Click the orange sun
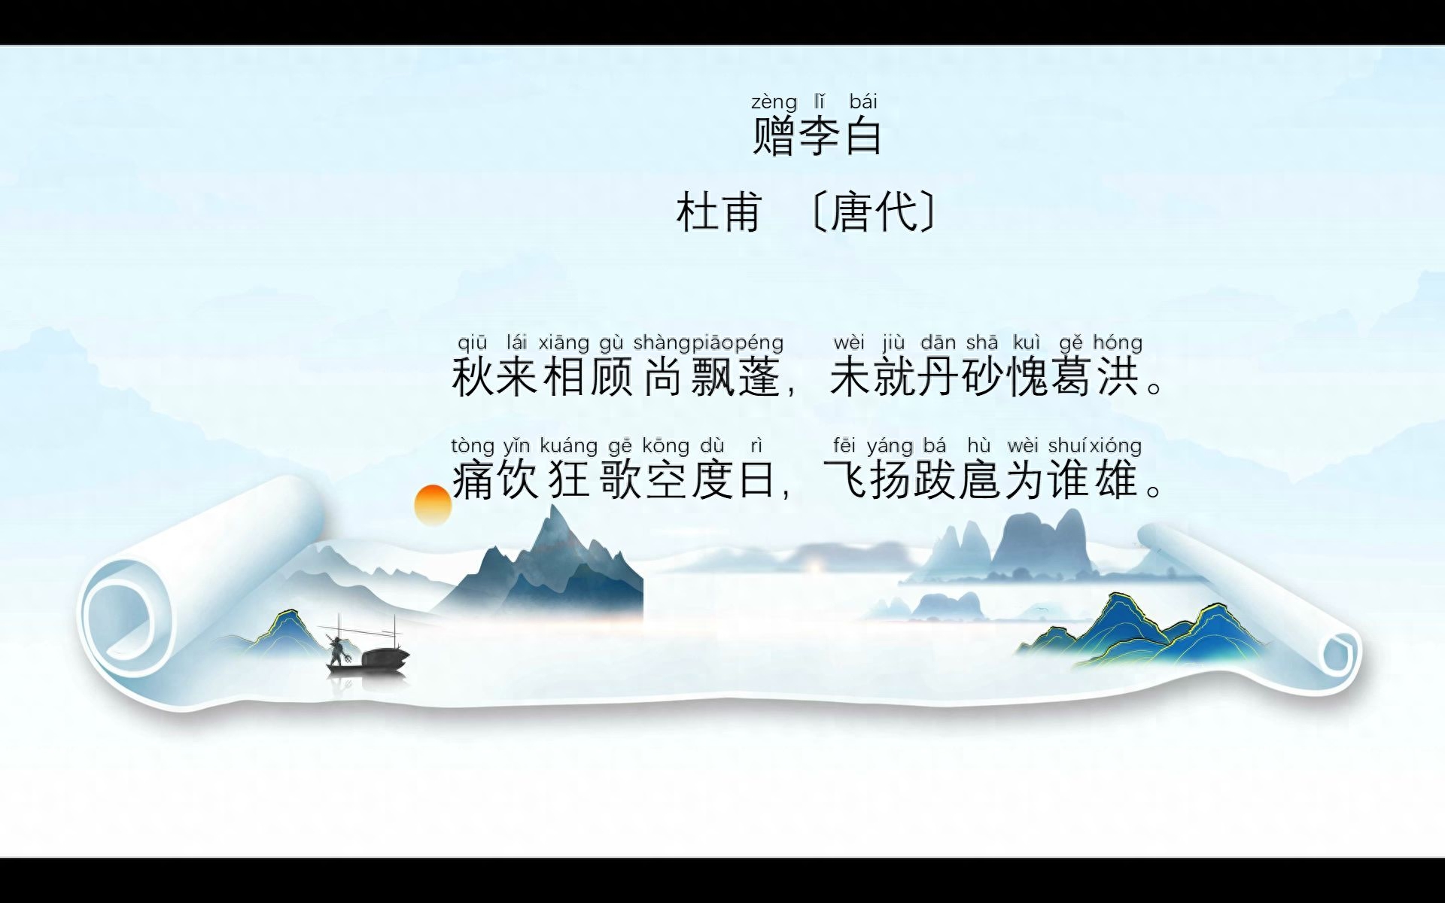[x=433, y=505]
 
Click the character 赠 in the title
[x=774, y=136]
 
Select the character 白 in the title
[x=863, y=136]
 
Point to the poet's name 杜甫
[x=719, y=211]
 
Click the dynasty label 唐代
[x=874, y=211]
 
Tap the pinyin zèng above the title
[x=774, y=102]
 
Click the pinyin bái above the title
[x=863, y=102]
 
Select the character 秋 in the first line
[x=473, y=377]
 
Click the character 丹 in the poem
[x=938, y=377]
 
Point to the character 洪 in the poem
[x=1118, y=377]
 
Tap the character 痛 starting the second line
[x=473, y=480]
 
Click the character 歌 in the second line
[x=619, y=480]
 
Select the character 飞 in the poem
[x=846, y=480]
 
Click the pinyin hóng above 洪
[x=1118, y=343]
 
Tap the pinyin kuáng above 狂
[x=568, y=446]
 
